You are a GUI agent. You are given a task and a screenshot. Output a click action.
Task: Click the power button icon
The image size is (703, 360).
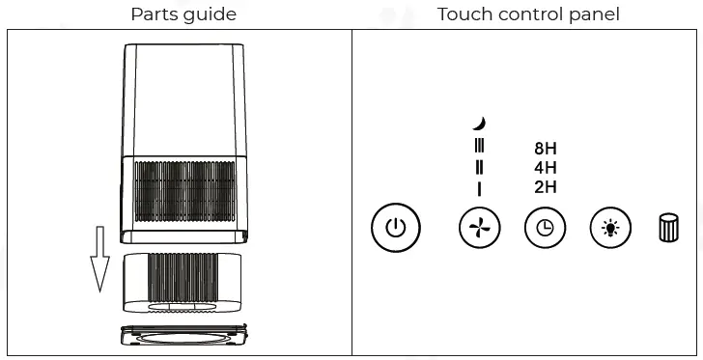(395, 229)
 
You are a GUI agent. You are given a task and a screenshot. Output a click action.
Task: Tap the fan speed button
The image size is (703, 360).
(480, 229)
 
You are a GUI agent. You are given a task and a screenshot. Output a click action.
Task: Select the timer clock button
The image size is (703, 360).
(546, 229)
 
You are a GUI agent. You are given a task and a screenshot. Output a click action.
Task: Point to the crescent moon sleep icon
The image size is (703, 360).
(479, 123)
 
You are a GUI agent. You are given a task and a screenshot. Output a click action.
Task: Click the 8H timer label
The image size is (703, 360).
(546, 150)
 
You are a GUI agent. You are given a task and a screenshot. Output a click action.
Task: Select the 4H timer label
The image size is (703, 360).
(546, 168)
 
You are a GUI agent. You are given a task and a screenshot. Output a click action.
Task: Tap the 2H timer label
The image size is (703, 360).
(546, 187)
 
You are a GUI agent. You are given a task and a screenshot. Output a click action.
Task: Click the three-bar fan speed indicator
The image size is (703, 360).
(479, 146)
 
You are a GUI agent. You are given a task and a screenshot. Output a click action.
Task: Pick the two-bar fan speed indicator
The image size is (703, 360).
(479, 167)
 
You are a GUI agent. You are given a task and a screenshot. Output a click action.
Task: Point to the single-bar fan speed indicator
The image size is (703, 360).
(479, 188)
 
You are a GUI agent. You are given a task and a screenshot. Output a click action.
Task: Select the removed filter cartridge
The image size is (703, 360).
(183, 283)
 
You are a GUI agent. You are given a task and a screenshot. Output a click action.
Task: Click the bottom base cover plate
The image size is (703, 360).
(183, 338)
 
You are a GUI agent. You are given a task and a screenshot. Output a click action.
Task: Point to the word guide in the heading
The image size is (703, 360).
(211, 14)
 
